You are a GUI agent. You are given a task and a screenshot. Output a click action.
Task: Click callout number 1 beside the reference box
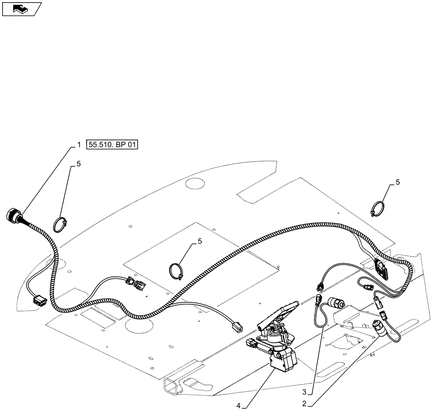(78, 146)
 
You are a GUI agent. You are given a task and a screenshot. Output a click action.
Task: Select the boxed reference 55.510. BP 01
(112, 145)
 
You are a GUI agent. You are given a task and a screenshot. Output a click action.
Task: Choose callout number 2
(305, 404)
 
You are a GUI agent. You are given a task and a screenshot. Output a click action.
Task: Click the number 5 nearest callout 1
(78, 164)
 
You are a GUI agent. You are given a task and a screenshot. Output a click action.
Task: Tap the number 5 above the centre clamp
(200, 242)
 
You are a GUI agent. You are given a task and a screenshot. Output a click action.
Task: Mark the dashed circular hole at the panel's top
(195, 184)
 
